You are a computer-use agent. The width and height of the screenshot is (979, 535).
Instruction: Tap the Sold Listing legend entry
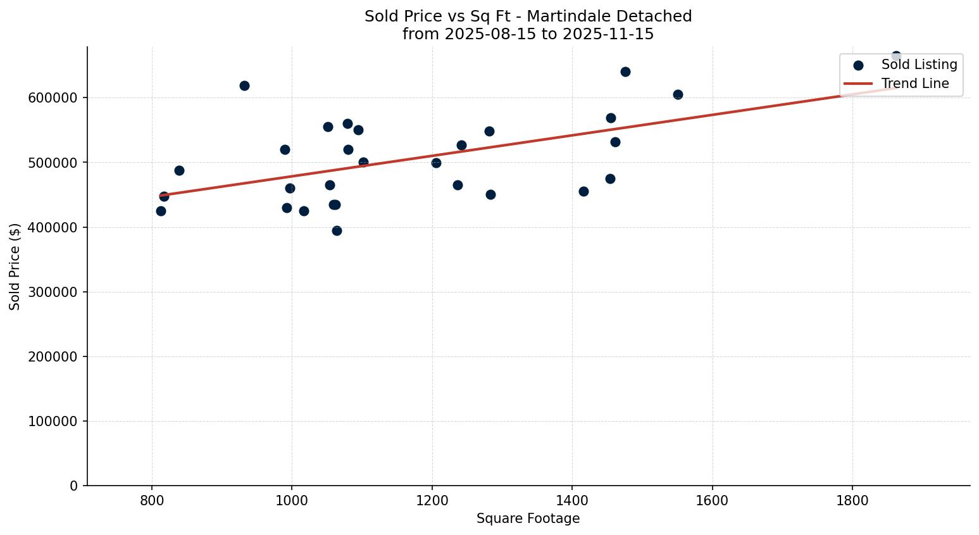click(919, 65)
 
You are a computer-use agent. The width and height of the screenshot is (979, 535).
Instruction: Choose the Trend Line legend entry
click(914, 84)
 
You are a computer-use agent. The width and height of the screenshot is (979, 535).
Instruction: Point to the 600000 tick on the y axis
click(53, 98)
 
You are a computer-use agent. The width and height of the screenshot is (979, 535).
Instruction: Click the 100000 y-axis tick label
click(53, 422)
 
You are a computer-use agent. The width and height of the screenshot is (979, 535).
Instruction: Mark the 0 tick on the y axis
click(74, 486)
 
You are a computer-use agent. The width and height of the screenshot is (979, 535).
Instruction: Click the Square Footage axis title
click(528, 519)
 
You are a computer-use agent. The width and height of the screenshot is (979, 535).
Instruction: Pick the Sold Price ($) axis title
click(15, 267)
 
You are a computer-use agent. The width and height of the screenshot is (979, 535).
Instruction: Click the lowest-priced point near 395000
click(337, 230)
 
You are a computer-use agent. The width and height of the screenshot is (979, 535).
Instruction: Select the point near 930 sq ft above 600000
click(244, 85)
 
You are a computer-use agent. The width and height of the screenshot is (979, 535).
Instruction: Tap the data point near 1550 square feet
click(678, 94)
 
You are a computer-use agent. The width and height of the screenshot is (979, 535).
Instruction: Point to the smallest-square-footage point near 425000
click(161, 211)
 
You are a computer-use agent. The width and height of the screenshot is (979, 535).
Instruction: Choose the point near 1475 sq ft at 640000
click(625, 72)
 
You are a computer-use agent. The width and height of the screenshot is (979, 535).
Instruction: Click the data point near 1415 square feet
click(583, 191)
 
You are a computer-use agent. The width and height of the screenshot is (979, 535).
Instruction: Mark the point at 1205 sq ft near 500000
click(436, 163)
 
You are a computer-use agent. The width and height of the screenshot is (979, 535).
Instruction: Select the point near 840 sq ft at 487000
click(179, 170)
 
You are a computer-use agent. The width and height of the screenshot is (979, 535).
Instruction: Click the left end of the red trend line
click(161, 196)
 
